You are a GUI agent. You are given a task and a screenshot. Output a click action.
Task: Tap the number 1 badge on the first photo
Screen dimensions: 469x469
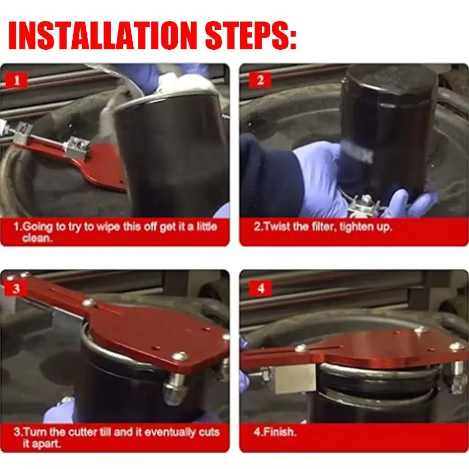[17, 81]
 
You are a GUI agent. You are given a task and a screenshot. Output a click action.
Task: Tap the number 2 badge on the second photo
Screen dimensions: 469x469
[260, 81]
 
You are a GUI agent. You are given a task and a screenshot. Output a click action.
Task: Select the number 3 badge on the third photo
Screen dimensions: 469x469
[16, 288]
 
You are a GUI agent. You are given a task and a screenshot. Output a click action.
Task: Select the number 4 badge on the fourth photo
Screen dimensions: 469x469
[261, 288]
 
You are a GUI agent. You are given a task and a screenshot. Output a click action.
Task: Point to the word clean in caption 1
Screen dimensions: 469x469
[36, 238]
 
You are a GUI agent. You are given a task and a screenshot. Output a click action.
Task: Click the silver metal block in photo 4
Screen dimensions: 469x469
[295, 378]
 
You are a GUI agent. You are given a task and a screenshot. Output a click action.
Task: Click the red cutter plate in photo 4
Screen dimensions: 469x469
[353, 350]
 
